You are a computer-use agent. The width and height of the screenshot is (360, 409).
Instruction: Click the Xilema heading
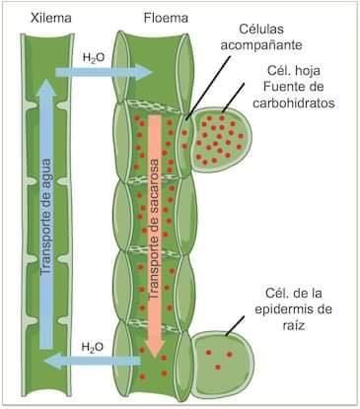click(51, 18)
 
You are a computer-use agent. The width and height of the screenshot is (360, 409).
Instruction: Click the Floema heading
click(166, 18)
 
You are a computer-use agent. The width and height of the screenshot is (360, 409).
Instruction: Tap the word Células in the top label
click(261, 29)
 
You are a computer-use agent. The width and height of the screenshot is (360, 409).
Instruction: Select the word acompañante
click(261, 44)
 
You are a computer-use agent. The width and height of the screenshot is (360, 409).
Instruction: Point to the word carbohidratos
click(294, 102)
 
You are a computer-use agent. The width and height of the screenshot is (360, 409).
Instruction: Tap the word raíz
click(293, 325)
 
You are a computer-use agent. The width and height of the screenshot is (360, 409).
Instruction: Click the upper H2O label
click(94, 58)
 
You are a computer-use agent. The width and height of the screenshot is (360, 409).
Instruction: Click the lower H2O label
click(93, 347)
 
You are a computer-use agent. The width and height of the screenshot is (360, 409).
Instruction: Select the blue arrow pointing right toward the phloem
click(105, 72)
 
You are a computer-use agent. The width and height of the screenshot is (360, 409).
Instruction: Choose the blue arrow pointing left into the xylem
click(93, 362)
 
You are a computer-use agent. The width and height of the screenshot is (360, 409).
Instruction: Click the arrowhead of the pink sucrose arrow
click(155, 349)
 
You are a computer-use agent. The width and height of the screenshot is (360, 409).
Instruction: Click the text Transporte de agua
click(46, 217)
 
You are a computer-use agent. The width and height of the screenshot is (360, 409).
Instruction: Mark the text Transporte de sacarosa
click(154, 229)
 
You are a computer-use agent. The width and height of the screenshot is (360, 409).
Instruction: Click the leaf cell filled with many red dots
click(221, 139)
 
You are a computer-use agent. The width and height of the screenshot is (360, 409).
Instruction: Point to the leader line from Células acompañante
click(208, 88)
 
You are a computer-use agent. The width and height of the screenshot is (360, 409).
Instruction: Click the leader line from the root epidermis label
click(235, 326)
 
